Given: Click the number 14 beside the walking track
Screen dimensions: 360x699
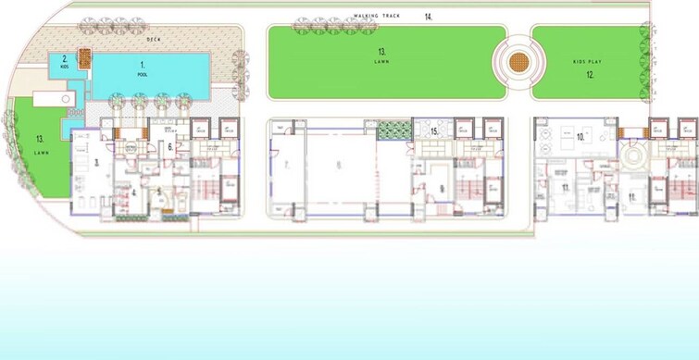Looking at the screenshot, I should coord(428,17).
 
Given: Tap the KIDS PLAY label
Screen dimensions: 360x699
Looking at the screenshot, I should coord(587,62).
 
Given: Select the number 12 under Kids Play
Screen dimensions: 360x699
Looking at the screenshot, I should coord(589,75).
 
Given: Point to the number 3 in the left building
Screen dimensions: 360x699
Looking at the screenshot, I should coord(96,162).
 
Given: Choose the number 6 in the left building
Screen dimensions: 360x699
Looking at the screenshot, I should coord(170,147).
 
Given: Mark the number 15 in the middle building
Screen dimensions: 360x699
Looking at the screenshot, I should coord(433,132).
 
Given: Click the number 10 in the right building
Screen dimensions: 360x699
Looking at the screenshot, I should coord(581,137).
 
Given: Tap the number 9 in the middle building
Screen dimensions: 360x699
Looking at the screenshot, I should coord(443,189).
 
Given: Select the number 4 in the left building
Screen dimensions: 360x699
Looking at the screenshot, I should coord(133,192).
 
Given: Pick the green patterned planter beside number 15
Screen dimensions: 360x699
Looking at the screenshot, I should coord(393,130).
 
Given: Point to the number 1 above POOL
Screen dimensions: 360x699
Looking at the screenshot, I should coord(142,61).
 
